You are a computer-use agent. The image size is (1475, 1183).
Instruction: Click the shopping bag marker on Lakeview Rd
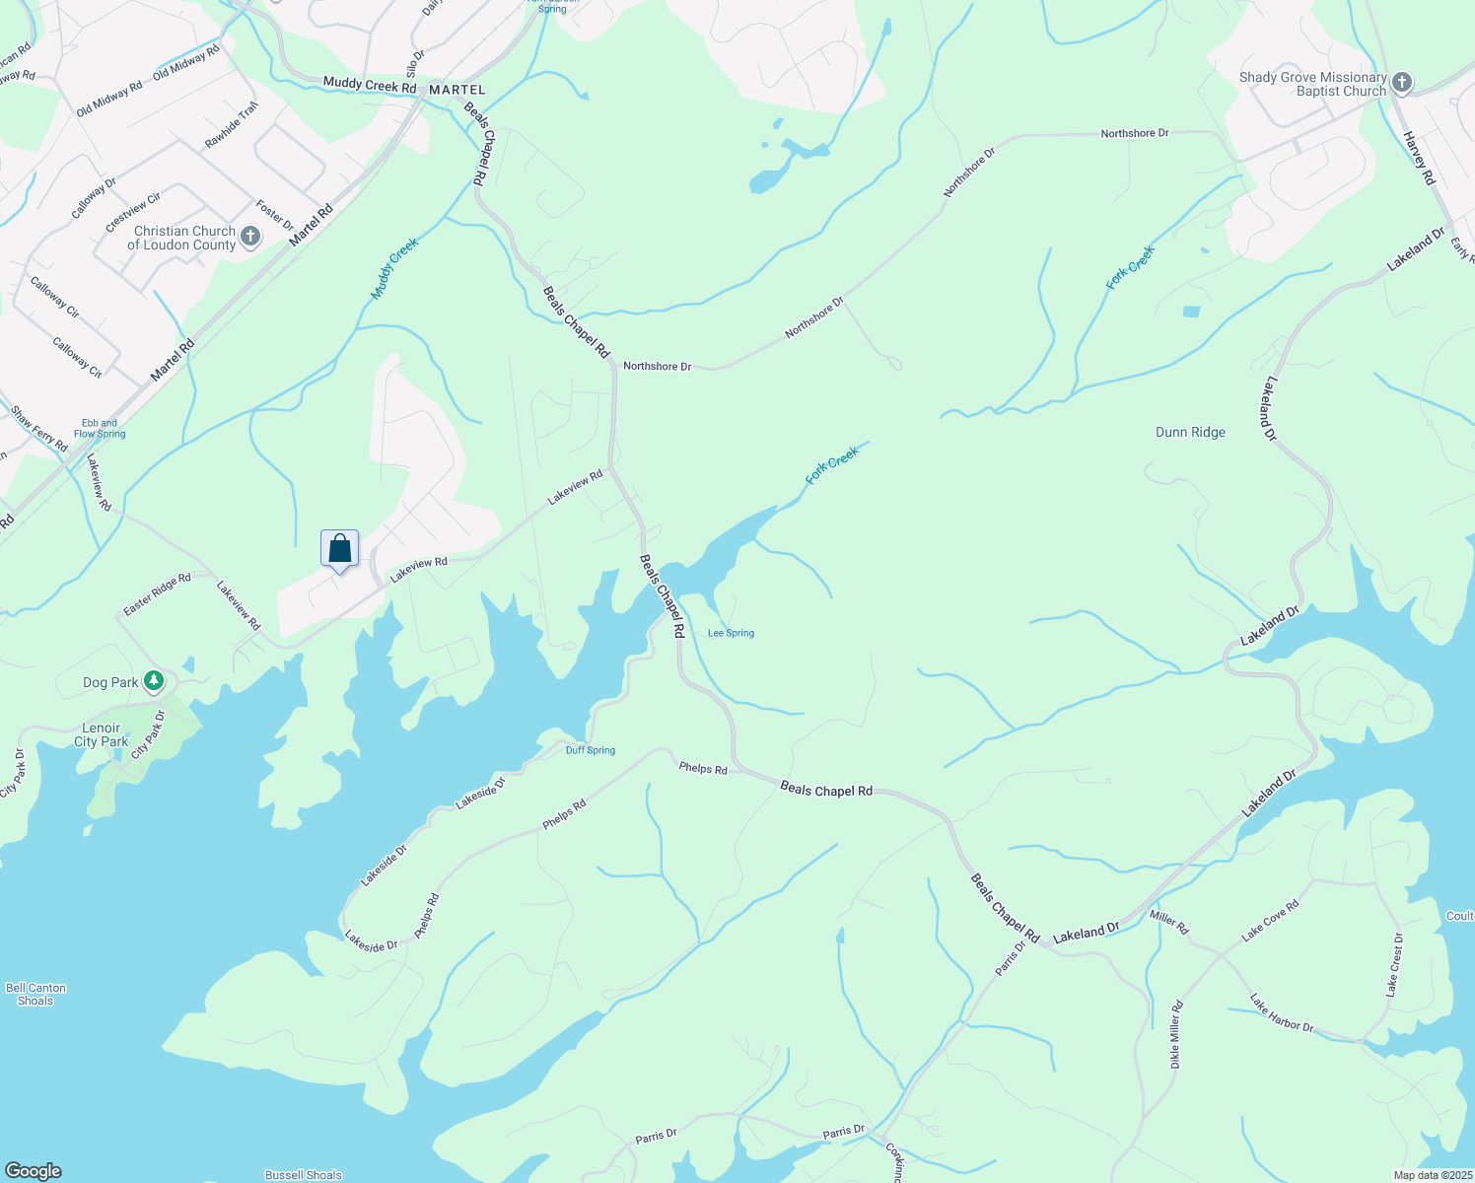point(339,549)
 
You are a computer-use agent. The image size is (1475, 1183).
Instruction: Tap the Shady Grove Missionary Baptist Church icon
point(1402,84)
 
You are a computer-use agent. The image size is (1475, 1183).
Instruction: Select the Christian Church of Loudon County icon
point(250,237)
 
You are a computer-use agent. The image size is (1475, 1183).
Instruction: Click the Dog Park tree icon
point(153,681)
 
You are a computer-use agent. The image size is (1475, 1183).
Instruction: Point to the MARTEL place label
point(457,90)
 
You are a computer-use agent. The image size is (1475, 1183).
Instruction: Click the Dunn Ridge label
point(1190,432)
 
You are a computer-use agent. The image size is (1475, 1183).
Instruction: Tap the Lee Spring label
point(731,633)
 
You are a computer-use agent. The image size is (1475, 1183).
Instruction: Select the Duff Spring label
point(591,750)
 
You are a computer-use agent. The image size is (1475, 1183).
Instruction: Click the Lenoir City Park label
point(102,734)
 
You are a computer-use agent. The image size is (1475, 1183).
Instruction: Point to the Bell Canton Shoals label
point(35,994)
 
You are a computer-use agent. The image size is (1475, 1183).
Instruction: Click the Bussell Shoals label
point(304,1175)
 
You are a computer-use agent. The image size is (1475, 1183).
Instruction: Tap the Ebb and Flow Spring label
point(100,429)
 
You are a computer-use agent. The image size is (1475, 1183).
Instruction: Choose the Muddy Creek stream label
point(394,268)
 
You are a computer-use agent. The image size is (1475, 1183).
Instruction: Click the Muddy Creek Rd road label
point(370,86)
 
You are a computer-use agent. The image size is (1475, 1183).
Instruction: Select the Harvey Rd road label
point(1419,159)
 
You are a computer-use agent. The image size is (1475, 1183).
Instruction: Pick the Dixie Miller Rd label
point(1175,1035)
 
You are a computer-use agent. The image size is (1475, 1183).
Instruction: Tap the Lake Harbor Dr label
point(1282,1013)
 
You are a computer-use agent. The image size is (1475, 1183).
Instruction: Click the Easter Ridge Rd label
point(157,595)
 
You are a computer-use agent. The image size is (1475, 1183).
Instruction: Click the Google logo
point(34,1171)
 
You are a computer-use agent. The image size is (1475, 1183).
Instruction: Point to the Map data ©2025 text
point(1432,1175)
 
